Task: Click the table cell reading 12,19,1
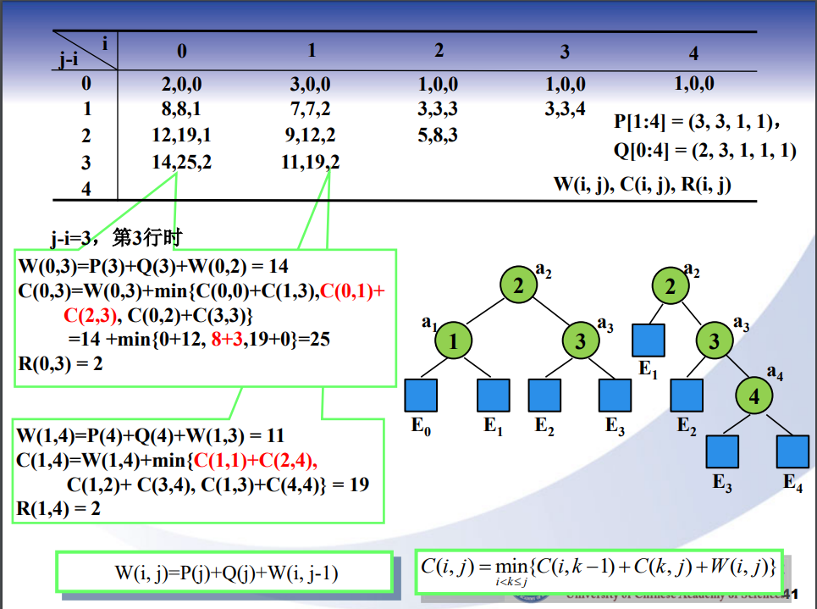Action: pyautogui.click(x=181, y=136)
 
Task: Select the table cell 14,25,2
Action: pyautogui.click(x=181, y=162)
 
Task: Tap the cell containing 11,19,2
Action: pyautogui.click(x=310, y=162)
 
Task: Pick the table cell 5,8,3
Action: pyautogui.click(x=438, y=135)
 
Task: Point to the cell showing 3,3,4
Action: pyautogui.click(x=565, y=109)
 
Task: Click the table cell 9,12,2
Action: pyautogui.click(x=310, y=136)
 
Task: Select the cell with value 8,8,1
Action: pyautogui.click(x=181, y=109)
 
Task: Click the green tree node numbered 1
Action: pyautogui.click(x=453, y=341)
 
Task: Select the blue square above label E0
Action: pyautogui.click(x=421, y=396)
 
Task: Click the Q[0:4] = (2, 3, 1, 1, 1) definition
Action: pyautogui.click(x=704, y=150)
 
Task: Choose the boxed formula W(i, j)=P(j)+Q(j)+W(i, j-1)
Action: pyautogui.click(x=225, y=573)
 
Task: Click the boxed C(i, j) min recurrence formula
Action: pyautogui.click(x=599, y=567)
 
